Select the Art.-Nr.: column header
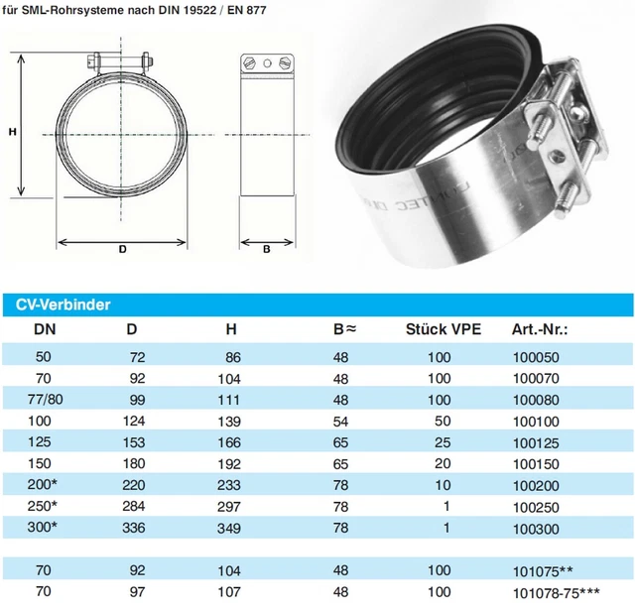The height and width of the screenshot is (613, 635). pos(540,328)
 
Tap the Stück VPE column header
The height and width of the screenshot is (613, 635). pos(444,328)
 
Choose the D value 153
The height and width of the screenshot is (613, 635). pos(133,442)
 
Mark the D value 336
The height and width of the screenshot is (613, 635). pos(133,529)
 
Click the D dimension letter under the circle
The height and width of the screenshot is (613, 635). pos(122,250)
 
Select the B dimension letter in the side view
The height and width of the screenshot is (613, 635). pos(267,250)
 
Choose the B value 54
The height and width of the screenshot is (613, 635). pos(340,421)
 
